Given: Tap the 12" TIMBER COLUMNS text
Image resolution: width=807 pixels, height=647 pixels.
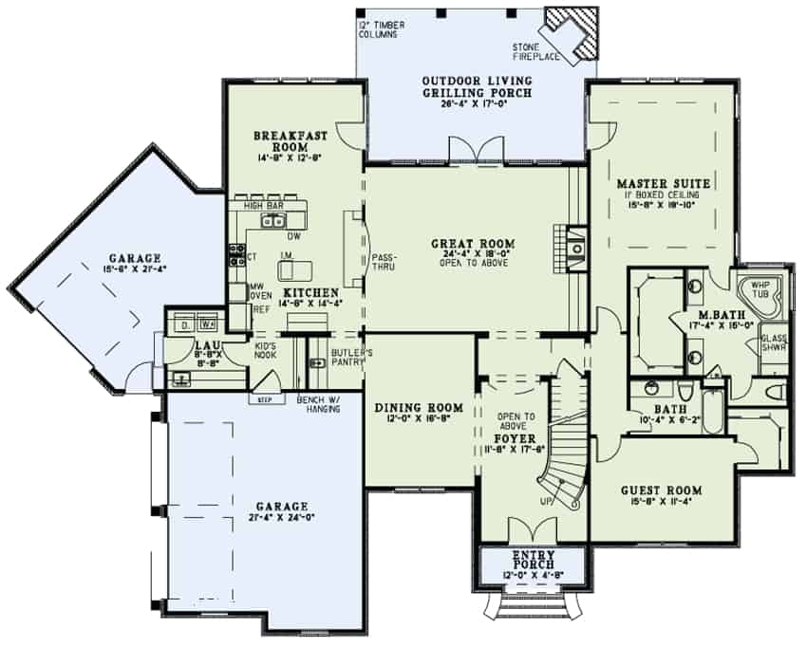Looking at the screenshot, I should tap(382, 28).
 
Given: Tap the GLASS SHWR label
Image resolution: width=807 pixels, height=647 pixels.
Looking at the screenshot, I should tap(774, 342).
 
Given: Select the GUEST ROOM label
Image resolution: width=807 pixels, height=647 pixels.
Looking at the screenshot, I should tap(661, 490).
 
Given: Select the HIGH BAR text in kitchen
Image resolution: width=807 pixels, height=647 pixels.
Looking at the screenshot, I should tap(261, 204).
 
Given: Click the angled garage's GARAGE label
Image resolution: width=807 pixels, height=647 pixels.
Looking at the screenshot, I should tap(133, 258).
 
